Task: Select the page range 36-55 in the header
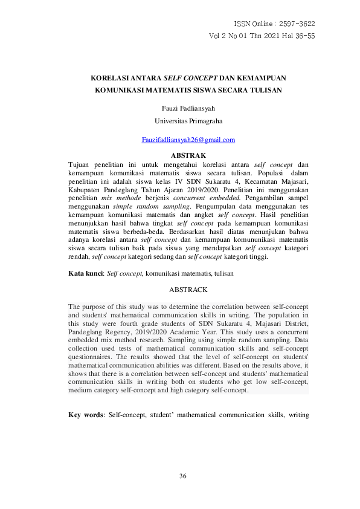pos(301,36)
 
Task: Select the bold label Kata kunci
pos(85,274)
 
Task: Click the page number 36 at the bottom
pos(183,476)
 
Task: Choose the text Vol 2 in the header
pos(219,36)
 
